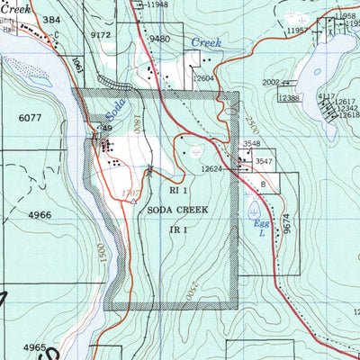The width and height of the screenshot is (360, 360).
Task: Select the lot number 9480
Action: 160,39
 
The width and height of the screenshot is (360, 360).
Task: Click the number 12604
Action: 206,78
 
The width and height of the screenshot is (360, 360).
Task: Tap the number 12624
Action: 211,168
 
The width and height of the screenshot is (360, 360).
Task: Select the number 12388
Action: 289,97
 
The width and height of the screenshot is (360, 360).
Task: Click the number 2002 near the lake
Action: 271,82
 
